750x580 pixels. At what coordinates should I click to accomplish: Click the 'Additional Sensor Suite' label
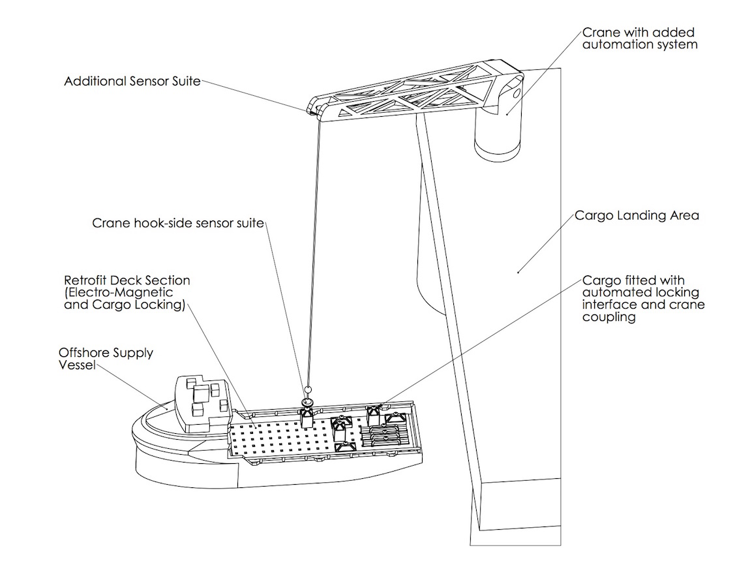(132, 82)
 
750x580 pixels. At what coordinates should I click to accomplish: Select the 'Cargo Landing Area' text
(637, 215)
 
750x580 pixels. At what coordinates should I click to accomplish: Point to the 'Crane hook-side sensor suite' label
(177, 223)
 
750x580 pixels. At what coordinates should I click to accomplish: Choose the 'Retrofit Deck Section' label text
(127, 281)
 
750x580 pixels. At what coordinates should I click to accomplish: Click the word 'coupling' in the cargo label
(609, 318)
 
